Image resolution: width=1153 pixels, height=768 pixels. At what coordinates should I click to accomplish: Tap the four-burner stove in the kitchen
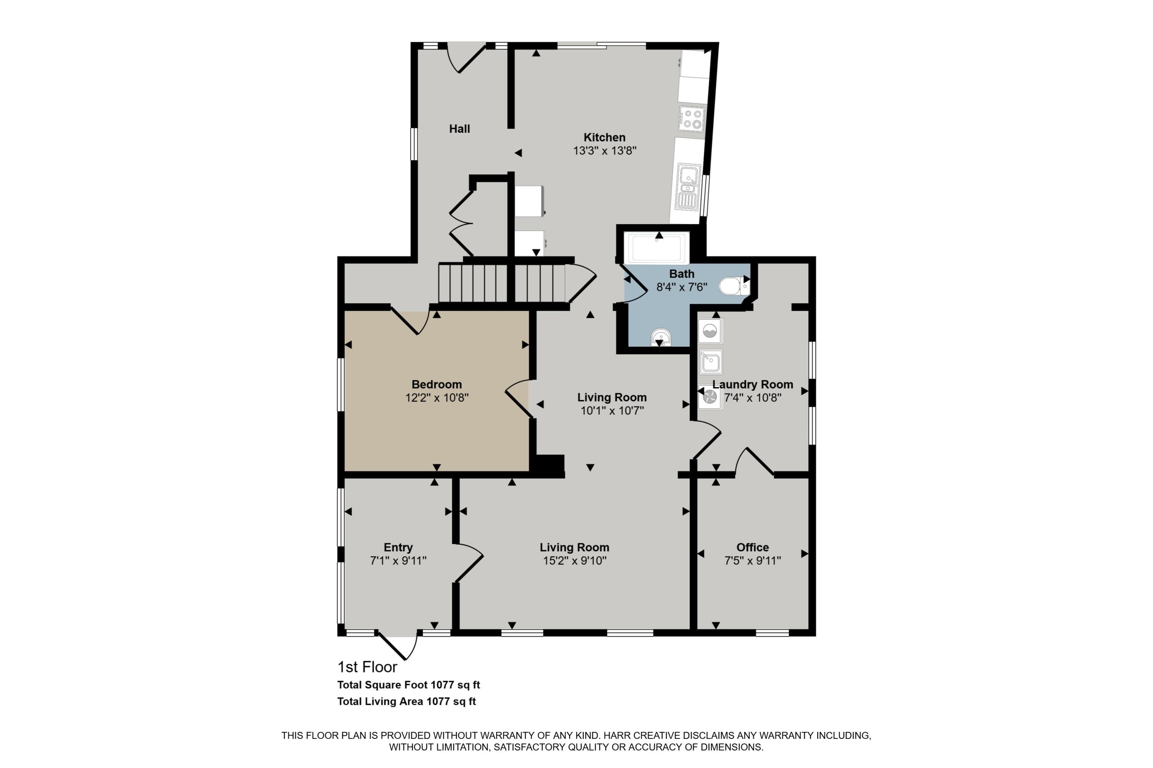point(691,119)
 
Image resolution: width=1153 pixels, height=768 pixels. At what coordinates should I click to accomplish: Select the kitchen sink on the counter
point(688,186)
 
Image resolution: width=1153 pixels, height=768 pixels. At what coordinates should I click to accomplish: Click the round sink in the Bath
point(661,337)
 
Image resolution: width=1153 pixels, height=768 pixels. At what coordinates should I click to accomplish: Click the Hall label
point(459,129)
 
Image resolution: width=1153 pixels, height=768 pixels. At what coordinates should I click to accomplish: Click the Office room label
point(752,548)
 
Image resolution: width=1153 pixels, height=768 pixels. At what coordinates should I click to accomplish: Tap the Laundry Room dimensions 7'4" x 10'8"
point(752,398)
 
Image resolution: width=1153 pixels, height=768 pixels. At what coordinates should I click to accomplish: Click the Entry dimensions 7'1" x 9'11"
point(398,561)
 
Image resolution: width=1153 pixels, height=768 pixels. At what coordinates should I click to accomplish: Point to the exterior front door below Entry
point(398,646)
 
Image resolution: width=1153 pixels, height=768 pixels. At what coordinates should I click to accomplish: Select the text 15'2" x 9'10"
point(575,561)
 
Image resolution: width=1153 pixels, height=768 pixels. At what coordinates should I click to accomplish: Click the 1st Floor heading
point(367,667)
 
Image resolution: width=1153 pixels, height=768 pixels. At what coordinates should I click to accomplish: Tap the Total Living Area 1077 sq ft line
point(406,702)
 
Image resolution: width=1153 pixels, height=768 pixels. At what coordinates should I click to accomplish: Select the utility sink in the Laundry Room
point(710,362)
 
